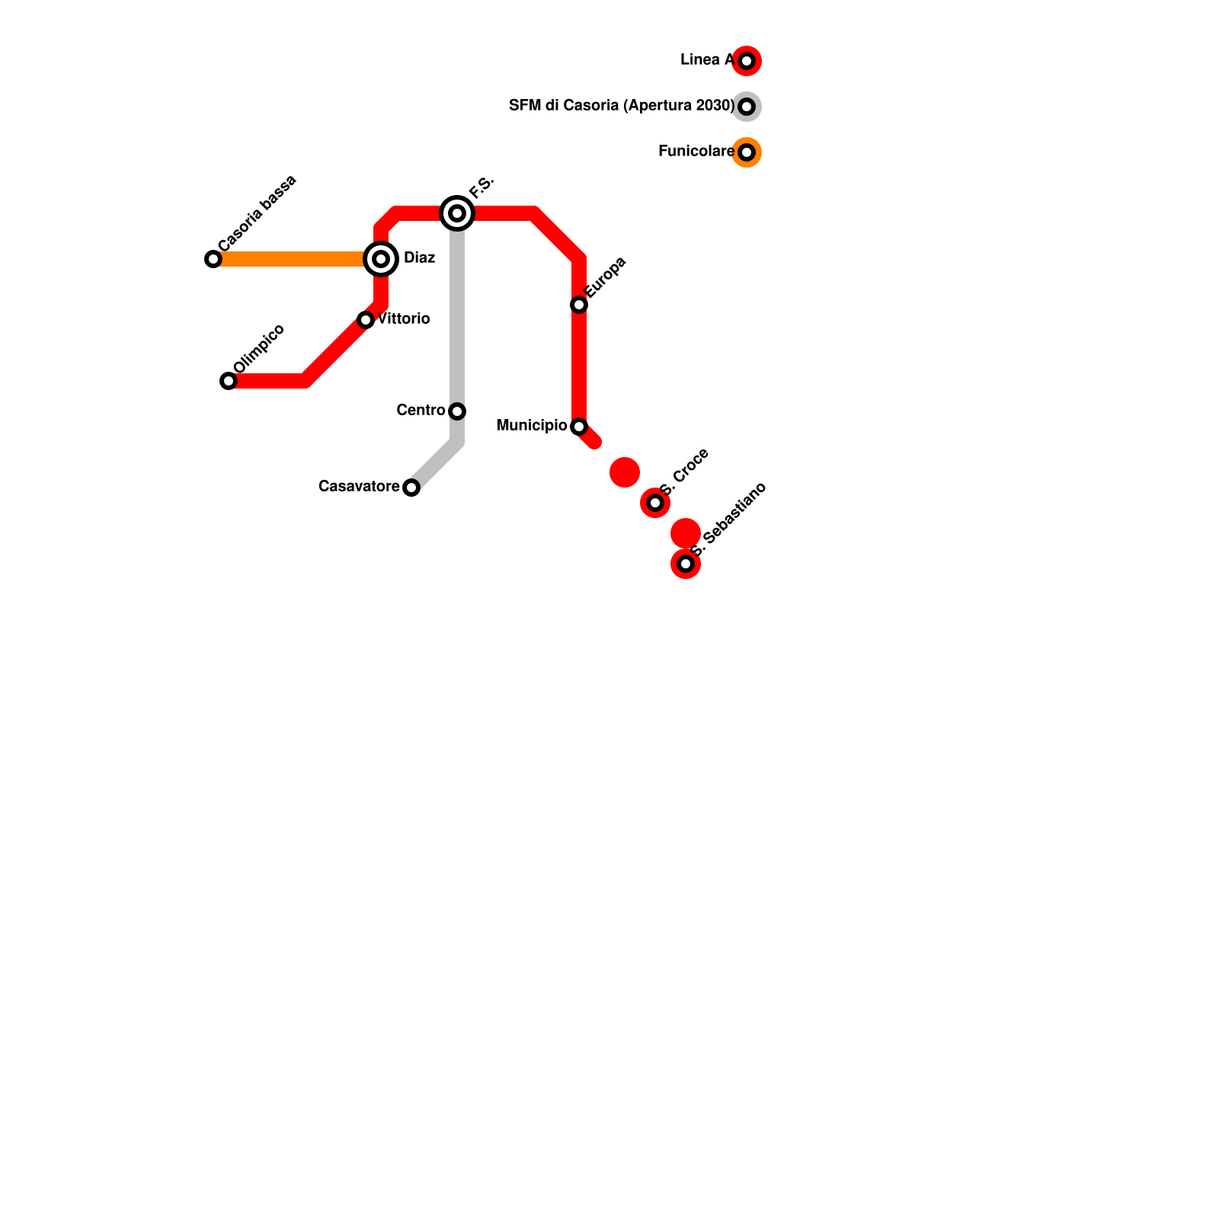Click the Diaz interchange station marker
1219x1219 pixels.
click(x=381, y=259)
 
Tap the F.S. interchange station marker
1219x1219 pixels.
click(x=457, y=213)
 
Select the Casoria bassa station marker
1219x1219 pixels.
click(x=213, y=259)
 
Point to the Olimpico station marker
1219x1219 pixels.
click(x=229, y=381)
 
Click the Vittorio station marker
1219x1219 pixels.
click(x=366, y=320)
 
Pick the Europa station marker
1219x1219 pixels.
click(x=579, y=305)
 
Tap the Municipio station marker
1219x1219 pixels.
click(x=579, y=427)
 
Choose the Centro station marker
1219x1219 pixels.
click(x=457, y=411)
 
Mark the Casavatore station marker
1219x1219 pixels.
click(x=411, y=488)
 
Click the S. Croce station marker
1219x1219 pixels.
click(x=655, y=503)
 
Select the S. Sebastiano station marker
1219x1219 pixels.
click(x=686, y=564)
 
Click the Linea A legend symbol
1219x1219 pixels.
click(x=747, y=61)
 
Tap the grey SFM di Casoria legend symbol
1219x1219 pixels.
click(x=747, y=107)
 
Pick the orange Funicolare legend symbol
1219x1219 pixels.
click(x=747, y=152)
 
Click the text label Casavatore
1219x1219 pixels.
click(x=359, y=486)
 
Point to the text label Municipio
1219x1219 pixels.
click(x=532, y=425)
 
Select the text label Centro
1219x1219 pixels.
click(x=421, y=410)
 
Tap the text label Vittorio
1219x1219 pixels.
click(x=404, y=318)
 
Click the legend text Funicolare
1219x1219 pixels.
click(x=696, y=151)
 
